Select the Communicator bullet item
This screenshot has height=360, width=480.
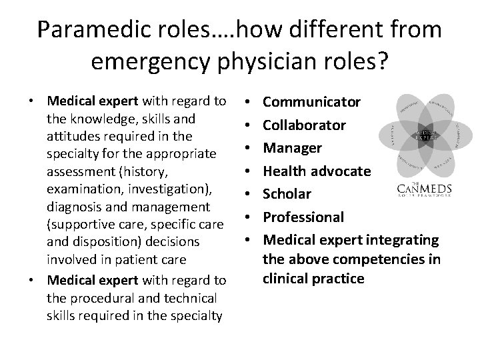click(x=312, y=102)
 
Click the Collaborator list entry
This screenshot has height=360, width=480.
click(x=305, y=125)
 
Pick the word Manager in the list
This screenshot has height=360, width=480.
click(x=293, y=148)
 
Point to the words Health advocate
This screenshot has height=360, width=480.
click(x=317, y=171)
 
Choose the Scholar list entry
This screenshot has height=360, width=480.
click(x=288, y=194)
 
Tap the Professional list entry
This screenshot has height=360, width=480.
click(x=303, y=217)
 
